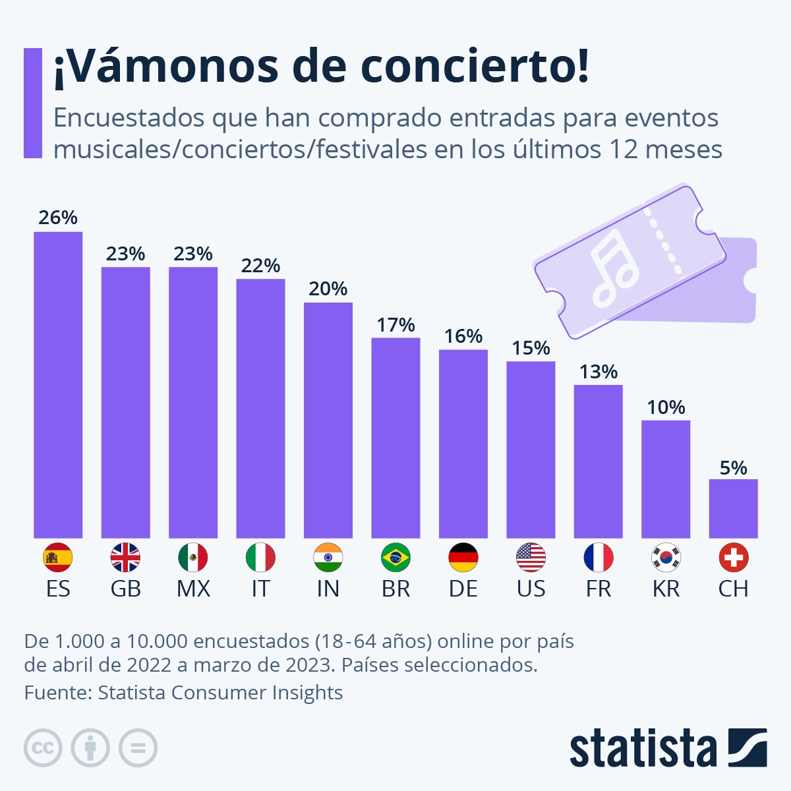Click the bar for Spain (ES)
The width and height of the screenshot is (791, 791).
coord(58,385)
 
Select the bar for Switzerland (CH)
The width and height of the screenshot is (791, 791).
coord(733,508)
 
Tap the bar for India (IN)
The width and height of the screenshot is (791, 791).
coord(328,421)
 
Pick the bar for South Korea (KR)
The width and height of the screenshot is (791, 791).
coord(666,479)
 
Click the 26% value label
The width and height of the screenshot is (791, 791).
coord(58,218)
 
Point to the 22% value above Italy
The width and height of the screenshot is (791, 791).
coord(260,266)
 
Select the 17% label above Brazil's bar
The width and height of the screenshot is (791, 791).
coord(395,325)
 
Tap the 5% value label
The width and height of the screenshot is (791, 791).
coord(733,468)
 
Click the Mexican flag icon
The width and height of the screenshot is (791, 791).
coord(193,558)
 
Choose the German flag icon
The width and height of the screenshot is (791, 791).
coord(463,558)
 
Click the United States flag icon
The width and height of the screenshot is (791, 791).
coord(531,558)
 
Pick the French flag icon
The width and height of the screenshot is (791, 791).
coord(599,558)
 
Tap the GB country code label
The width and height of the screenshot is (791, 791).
coord(125,589)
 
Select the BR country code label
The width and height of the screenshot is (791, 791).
coord(395,589)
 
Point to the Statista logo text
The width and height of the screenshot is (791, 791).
coord(643,749)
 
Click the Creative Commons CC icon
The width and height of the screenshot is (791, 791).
coord(43,748)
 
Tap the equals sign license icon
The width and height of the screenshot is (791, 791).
coord(138,748)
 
